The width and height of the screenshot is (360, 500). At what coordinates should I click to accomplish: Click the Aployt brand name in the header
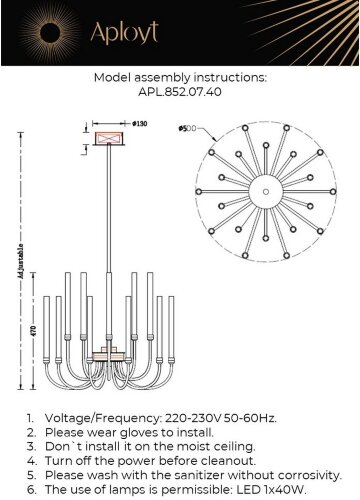(x=124, y=33)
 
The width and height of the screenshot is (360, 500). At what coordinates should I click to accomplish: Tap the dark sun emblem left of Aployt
(x=50, y=33)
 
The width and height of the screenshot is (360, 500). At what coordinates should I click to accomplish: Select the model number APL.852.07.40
(x=180, y=92)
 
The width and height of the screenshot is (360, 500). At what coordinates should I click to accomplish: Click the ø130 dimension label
(x=139, y=124)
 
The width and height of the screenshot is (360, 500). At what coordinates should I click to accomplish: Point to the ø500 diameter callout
(x=187, y=128)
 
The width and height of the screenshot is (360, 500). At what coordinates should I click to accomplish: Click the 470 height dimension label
(x=34, y=331)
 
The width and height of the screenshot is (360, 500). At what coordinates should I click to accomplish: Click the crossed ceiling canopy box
(x=109, y=138)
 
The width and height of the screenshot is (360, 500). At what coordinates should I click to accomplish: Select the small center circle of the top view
(x=266, y=192)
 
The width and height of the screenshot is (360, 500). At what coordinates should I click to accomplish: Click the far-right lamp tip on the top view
(x=333, y=192)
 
